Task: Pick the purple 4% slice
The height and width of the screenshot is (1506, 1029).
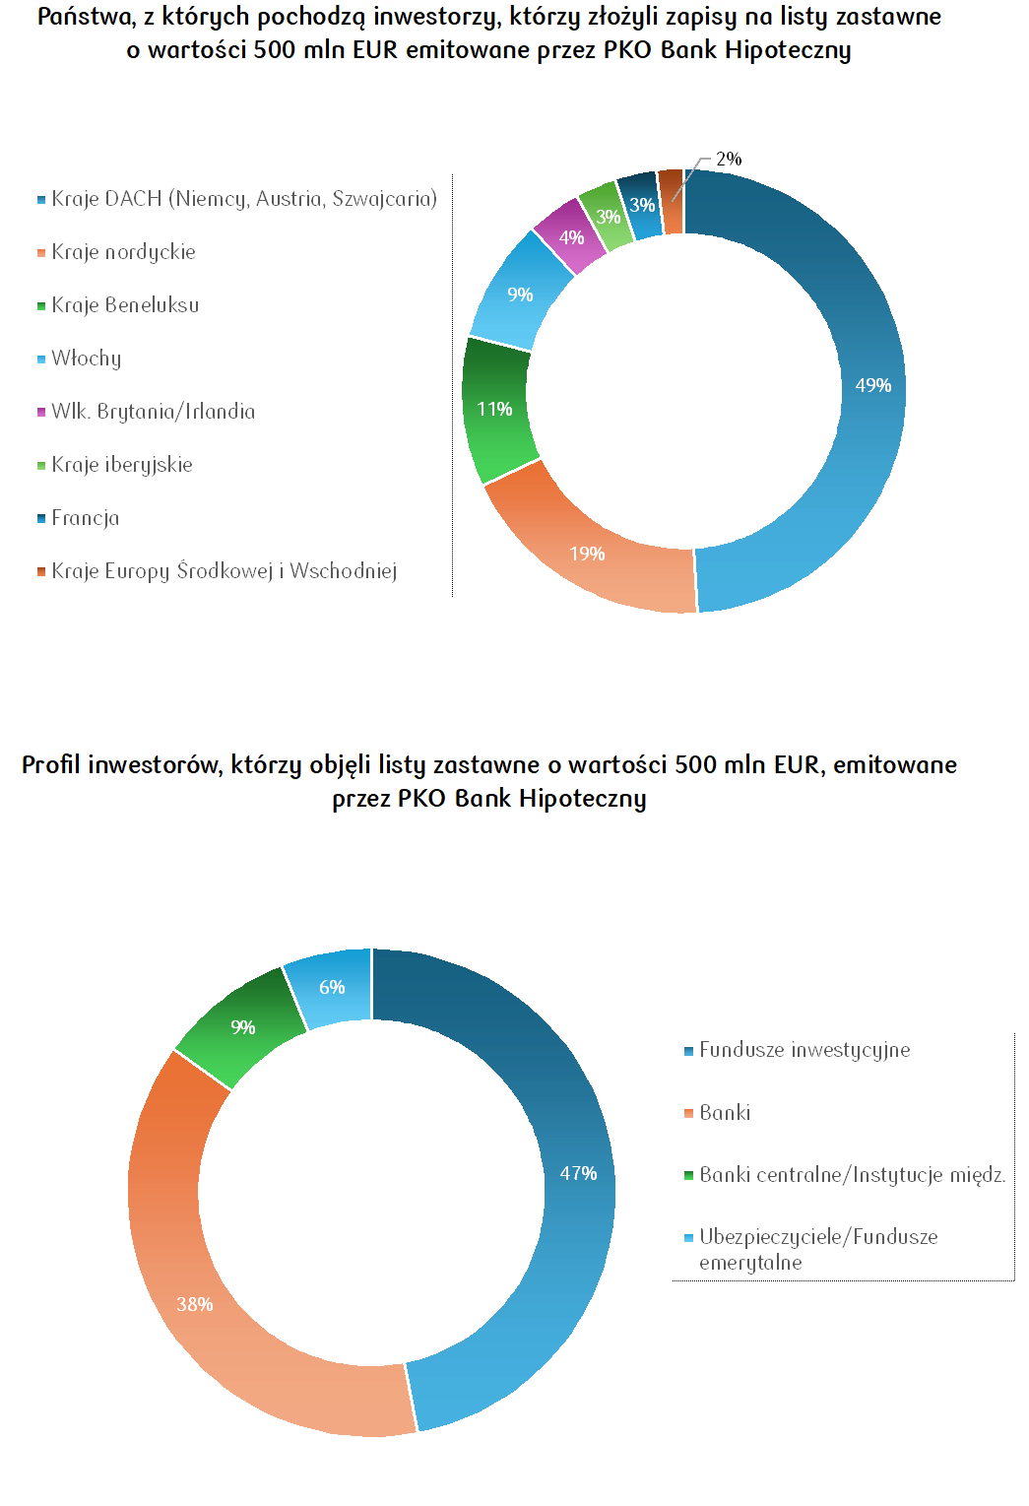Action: [x=570, y=236]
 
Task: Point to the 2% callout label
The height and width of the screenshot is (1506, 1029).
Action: [x=729, y=159]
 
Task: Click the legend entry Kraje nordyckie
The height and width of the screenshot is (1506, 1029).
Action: [x=123, y=252]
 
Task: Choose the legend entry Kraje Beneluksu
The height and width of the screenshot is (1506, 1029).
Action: [x=125, y=305]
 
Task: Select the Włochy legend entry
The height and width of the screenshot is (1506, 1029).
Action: [x=87, y=359]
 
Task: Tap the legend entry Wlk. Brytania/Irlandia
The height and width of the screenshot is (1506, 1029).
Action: [x=153, y=412]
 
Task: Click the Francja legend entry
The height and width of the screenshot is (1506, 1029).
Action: [x=86, y=518]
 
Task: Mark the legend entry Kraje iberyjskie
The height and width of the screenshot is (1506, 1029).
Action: [x=122, y=465]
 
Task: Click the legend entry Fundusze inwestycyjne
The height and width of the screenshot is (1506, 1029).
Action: [x=804, y=1050]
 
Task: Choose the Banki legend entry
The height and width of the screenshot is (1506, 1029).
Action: [x=725, y=1113]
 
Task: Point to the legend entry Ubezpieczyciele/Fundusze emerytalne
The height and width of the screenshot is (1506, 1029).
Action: [x=817, y=1249]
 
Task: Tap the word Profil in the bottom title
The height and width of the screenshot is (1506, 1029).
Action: [x=51, y=765]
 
